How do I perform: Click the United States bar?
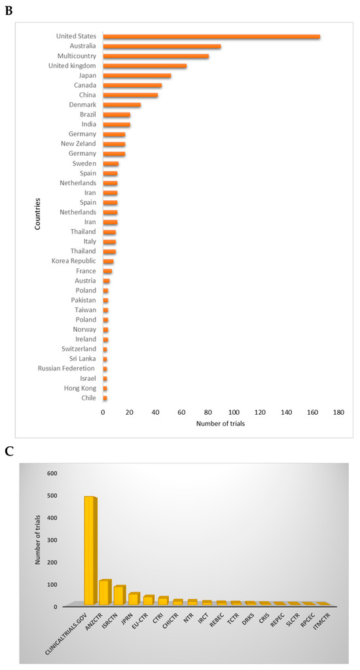[x=211, y=37]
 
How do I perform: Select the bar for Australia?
[x=162, y=46]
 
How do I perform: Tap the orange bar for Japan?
[x=137, y=76]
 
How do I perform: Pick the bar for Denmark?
[x=122, y=105]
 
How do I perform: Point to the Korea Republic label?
[x=73, y=261]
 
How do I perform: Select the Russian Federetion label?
[x=67, y=368]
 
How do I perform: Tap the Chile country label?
[x=88, y=398]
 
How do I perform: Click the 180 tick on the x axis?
[x=338, y=413]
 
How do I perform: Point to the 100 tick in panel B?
[x=234, y=413]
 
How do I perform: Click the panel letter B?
[x=9, y=10]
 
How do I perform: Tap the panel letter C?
[x=9, y=451]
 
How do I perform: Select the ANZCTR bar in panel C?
[x=104, y=592]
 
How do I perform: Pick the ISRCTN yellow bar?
[x=118, y=595]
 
